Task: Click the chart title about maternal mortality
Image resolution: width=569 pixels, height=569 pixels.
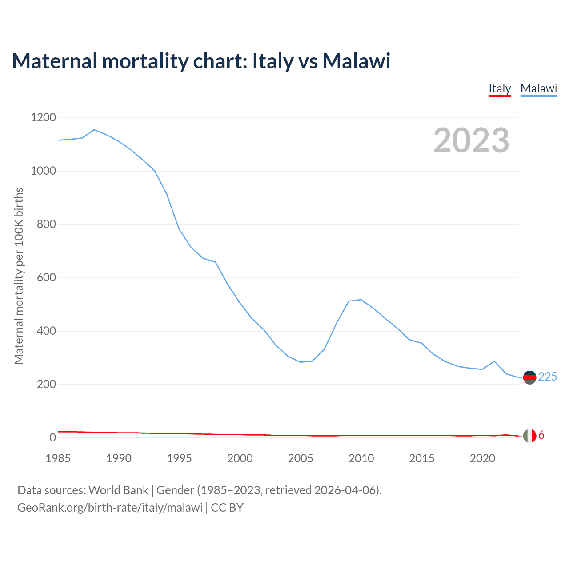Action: [201, 61]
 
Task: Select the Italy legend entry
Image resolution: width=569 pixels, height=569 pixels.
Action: [500, 88]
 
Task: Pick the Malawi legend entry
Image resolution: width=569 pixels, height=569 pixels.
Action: [539, 88]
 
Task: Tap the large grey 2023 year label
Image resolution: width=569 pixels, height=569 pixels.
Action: [471, 140]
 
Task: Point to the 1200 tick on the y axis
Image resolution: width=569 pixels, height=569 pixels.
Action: [43, 117]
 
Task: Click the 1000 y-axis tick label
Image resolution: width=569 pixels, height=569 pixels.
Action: [43, 171]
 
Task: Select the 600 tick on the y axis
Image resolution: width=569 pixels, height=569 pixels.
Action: [46, 277]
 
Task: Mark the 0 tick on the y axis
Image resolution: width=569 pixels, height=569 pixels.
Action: [53, 437]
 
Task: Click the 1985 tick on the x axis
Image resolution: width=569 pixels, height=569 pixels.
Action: [58, 458]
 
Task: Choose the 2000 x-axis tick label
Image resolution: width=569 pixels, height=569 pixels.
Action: [240, 458]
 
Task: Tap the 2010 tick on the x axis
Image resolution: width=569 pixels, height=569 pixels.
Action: [361, 458]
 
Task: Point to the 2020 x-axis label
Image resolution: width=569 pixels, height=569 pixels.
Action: [482, 458]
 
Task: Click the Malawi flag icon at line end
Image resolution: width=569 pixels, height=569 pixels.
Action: [529, 377]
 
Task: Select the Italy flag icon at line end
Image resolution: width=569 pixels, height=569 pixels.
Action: [529, 436]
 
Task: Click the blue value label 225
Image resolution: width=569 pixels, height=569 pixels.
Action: [548, 377]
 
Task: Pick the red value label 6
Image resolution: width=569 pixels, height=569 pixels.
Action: [541, 435]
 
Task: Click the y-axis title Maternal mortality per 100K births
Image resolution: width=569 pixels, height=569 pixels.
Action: [19, 276]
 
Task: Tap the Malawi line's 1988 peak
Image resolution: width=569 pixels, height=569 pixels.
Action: [94, 130]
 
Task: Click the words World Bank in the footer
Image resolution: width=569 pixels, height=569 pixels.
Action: [118, 490]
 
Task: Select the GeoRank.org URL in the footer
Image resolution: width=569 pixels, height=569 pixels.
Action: [110, 508]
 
